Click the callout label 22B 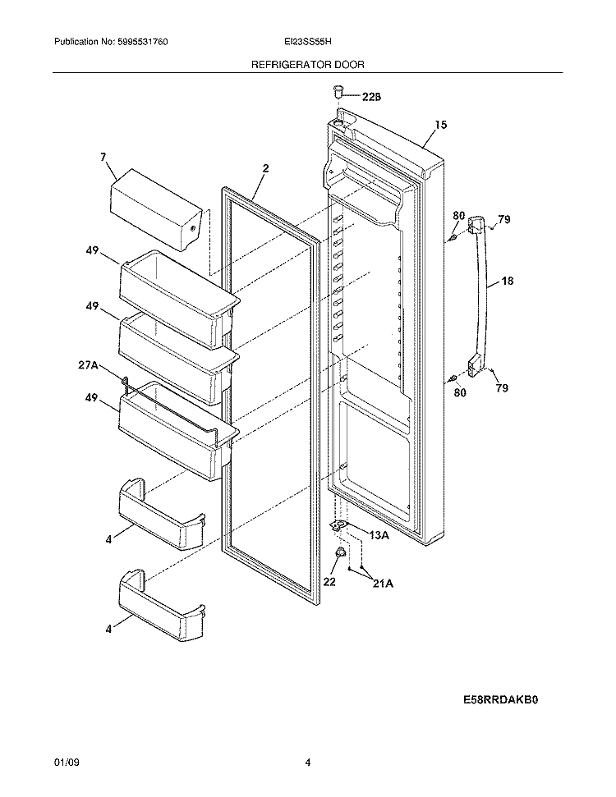pyautogui.click(x=372, y=97)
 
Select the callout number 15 pyautogui.click(x=441, y=125)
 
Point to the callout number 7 pyautogui.click(x=103, y=155)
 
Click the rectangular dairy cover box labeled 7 pyautogui.click(x=155, y=208)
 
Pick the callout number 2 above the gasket pyautogui.click(x=265, y=168)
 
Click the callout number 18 pyautogui.click(x=508, y=282)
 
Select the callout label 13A pyautogui.click(x=379, y=536)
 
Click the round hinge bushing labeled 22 pyautogui.click(x=338, y=558)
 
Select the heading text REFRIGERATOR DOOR pyautogui.click(x=308, y=63)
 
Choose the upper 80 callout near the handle pyautogui.click(x=459, y=216)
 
